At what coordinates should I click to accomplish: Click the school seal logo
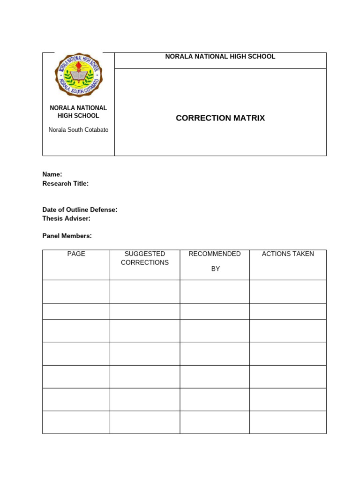point(78,75)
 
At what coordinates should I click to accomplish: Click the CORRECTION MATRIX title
point(220,118)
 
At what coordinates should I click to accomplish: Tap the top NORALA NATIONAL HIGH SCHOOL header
point(220,57)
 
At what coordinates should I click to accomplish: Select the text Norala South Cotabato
point(78,130)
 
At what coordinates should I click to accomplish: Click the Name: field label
point(52,174)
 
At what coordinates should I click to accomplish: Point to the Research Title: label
point(65,184)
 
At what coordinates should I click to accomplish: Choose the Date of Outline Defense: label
point(80,210)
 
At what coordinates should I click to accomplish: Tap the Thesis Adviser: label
point(66,218)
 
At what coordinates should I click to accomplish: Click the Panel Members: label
point(67,236)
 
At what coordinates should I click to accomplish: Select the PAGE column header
point(76,254)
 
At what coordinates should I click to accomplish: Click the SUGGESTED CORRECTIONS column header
point(144,258)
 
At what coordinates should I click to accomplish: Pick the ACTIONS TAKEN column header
point(288,254)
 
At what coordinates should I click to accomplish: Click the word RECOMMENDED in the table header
point(214,254)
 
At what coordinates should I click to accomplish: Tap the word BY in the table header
point(215,269)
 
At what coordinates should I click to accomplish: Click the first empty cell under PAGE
point(76,292)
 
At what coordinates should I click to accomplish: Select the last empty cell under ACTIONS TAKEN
point(288,422)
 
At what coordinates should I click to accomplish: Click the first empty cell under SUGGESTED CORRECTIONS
point(144,292)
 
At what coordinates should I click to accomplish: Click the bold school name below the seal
point(78,112)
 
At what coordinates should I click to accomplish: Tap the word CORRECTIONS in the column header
point(144,262)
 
